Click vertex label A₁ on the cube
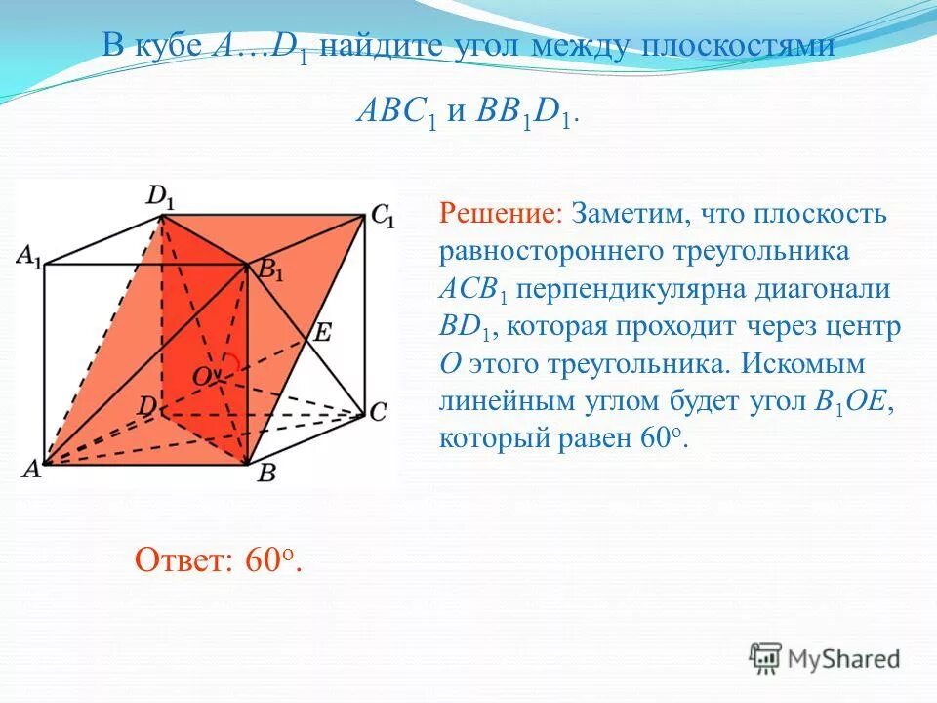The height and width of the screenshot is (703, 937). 29,258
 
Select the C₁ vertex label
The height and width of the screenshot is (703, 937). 383,216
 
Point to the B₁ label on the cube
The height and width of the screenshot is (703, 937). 270,270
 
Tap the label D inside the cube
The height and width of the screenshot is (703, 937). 146,403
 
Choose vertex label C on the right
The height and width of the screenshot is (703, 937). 378,412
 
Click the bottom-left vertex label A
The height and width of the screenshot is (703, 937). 31,469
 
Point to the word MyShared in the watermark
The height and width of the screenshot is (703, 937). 843,659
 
